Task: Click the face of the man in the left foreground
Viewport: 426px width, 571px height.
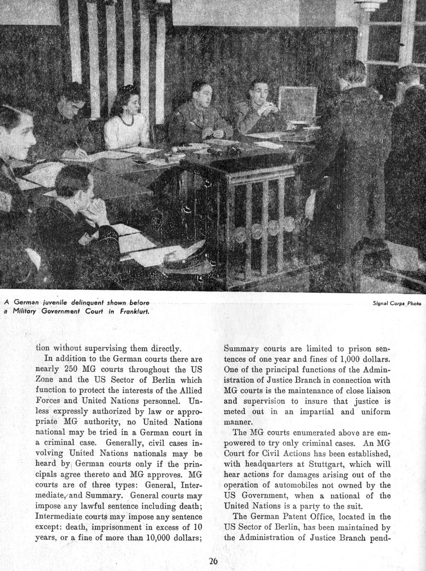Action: point(17,128)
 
